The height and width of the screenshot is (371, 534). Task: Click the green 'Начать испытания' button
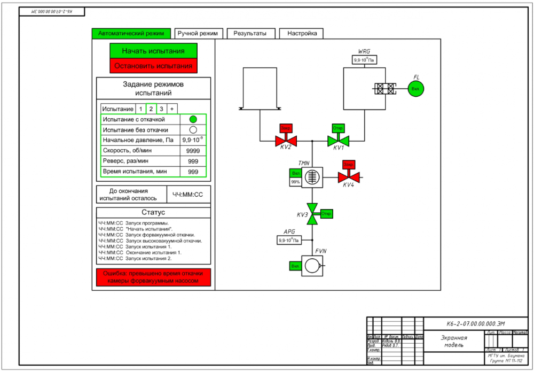pyautogui.click(x=153, y=51)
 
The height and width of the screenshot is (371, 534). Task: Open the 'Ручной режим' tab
pyautogui.click(x=198, y=33)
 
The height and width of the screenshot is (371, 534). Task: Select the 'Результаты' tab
pyautogui.click(x=250, y=33)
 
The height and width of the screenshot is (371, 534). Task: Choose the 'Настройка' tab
pyautogui.click(x=302, y=33)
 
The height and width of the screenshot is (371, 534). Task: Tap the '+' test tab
pyautogui.click(x=172, y=109)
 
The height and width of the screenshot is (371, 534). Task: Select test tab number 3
pyautogui.click(x=161, y=109)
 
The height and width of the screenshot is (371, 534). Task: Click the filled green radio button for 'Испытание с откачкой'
pyautogui.click(x=193, y=119)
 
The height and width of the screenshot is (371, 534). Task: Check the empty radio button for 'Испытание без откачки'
pyautogui.click(x=193, y=129)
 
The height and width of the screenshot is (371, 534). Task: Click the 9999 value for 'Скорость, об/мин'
pyautogui.click(x=193, y=151)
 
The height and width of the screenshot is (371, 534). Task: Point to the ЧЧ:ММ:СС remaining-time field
pyautogui.click(x=188, y=195)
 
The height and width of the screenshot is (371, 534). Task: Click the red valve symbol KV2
pyautogui.click(x=286, y=141)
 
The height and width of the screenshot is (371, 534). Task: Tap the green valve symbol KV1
pyautogui.click(x=337, y=141)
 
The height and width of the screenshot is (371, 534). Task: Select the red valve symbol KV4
pyautogui.click(x=349, y=177)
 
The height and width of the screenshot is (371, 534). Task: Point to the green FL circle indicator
pyautogui.click(x=415, y=89)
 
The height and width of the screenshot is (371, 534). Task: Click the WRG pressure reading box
pyautogui.click(x=364, y=60)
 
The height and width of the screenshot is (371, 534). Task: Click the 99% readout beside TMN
pyautogui.click(x=295, y=182)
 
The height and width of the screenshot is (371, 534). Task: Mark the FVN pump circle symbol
pyautogui.click(x=312, y=266)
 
